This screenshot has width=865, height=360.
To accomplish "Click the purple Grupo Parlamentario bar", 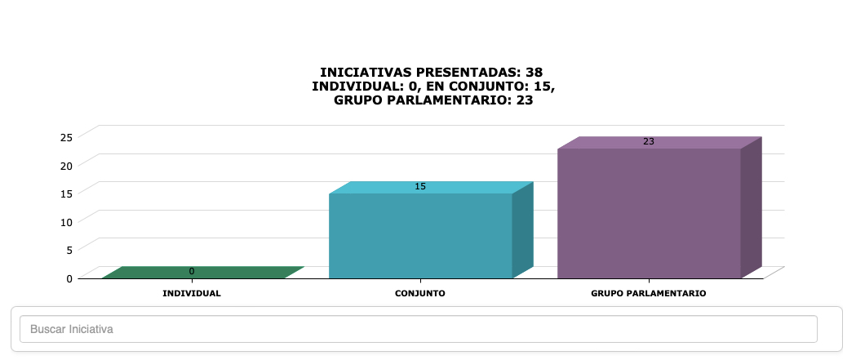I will click(x=649, y=213).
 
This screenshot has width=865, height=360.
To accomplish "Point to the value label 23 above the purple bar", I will click(x=649, y=141).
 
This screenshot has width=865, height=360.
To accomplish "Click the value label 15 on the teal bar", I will click(x=420, y=186).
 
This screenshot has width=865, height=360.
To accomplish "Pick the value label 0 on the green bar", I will click(x=192, y=271).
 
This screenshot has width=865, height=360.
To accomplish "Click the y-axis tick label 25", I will click(x=67, y=136).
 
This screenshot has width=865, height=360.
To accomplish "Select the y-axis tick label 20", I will click(x=67, y=165).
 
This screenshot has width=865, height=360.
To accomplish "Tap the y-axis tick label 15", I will click(x=67, y=193).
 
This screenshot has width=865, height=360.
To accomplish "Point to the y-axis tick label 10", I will click(x=67, y=221).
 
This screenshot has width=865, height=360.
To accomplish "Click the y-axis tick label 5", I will click(x=70, y=250).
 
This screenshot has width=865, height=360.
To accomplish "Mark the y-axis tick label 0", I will click(x=70, y=278).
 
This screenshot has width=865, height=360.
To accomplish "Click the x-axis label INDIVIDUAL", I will click(x=192, y=293).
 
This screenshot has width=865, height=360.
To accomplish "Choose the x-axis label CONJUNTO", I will click(x=420, y=293).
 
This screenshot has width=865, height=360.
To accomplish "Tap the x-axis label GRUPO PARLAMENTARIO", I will click(x=649, y=293).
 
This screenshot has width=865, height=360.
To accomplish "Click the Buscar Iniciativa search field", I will click(x=419, y=329).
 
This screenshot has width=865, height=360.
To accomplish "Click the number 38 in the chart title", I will click(x=534, y=72).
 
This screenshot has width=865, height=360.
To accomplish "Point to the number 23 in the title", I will click(x=526, y=100).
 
